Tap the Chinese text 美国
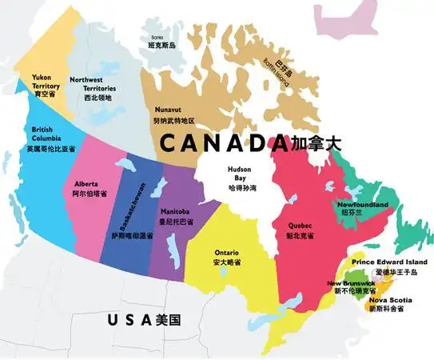tap(168, 320)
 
